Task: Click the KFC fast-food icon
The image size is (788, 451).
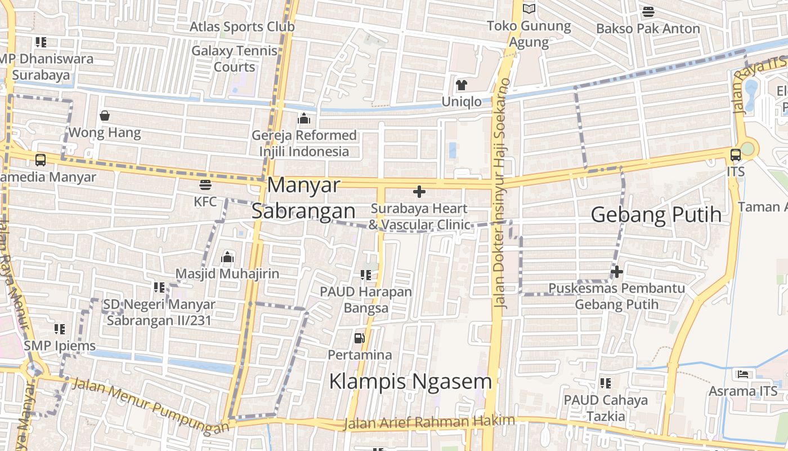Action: coord(205,184)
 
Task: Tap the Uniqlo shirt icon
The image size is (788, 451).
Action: coord(462,85)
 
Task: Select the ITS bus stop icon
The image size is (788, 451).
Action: coord(735,155)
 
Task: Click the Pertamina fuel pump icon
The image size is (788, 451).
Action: coord(359,338)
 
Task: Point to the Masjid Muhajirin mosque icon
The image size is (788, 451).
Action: coord(227,257)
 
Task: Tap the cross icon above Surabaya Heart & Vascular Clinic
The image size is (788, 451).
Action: coord(419,192)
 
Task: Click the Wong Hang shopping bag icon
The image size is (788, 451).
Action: coord(105,116)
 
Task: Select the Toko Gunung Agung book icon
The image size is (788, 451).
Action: coord(529,9)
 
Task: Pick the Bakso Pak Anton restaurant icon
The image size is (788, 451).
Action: coord(648,12)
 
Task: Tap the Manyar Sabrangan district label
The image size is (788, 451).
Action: coord(303,197)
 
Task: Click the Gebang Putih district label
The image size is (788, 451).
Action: coord(656,214)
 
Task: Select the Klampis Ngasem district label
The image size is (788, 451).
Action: coord(410,381)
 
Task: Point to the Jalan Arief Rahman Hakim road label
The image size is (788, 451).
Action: coord(429,422)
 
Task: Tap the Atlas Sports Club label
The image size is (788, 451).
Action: coord(242,26)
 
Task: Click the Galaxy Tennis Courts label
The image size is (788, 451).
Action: coord(235,59)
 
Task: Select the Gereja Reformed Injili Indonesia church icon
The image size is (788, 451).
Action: coord(304,118)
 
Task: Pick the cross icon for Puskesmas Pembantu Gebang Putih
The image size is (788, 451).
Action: coord(617,272)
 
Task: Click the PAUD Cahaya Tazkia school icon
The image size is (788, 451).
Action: coord(606,383)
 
